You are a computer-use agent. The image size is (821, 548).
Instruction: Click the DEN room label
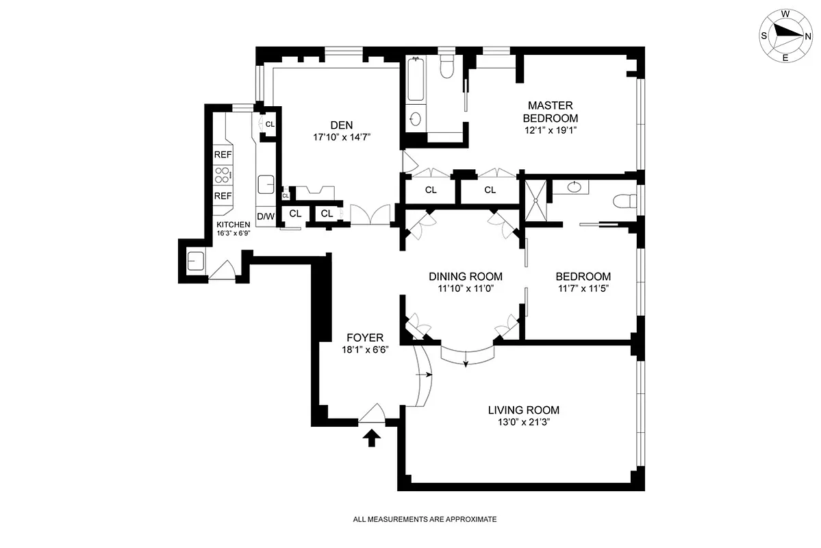(341, 125)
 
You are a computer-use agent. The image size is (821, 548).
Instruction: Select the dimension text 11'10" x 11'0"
(466, 288)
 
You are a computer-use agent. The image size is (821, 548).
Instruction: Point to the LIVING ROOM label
(523, 410)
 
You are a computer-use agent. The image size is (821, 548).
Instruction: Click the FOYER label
(364, 338)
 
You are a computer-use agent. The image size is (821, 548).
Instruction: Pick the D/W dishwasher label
(265, 217)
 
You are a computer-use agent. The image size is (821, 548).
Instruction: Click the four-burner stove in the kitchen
(223, 175)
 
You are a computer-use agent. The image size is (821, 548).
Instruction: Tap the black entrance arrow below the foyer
(372, 437)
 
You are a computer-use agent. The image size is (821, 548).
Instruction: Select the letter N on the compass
(808, 36)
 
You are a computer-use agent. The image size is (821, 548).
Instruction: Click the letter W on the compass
(786, 14)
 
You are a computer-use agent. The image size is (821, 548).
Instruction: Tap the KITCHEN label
(233, 225)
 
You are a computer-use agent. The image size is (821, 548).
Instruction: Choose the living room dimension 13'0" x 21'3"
(523, 423)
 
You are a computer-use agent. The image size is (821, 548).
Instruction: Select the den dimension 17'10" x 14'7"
(341, 136)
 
